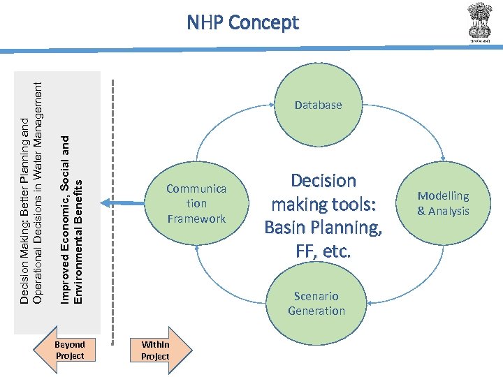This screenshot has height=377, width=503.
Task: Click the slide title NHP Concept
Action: click(242, 23)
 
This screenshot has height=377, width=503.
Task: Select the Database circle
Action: click(318, 105)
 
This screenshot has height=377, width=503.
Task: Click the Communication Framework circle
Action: click(196, 203)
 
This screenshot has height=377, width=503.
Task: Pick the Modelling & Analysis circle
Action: click(443, 203)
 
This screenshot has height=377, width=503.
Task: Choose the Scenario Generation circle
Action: click(316, 303)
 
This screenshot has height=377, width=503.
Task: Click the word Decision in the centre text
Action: click(323, 181)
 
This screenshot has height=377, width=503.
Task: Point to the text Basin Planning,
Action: click(323, 228)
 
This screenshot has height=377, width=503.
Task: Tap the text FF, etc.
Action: click(323, 251)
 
